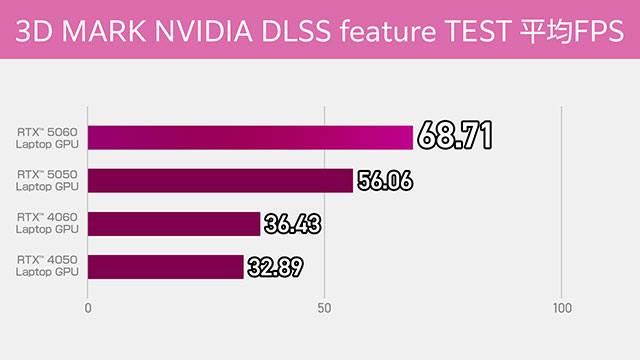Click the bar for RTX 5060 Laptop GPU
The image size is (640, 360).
250,137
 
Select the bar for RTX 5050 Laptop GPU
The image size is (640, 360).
220,180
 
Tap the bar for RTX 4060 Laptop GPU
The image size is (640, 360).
174,223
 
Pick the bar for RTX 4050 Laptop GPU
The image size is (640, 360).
166,266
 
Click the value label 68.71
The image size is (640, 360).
455,137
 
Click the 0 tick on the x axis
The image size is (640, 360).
89,309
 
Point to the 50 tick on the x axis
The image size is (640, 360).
324,309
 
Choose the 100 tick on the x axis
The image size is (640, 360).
561,309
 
